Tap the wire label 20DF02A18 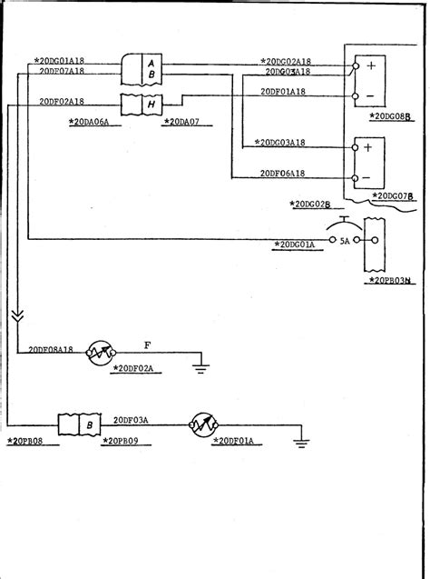coord(63,102)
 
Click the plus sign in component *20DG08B coord(371,65)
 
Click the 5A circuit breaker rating coord(344,242)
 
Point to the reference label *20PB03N coord(391,281)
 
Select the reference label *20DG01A coord(294,245)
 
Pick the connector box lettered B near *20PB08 coord(89,424)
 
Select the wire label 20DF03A coord(131,420)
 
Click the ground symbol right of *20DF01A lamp coord(300,443)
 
